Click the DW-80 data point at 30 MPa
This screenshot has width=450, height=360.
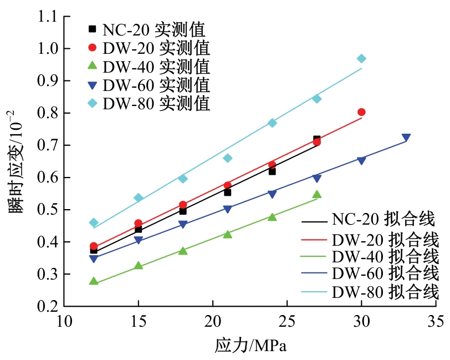(x=361, y=59)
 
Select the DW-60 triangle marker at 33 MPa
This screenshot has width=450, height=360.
(x=406, y=138)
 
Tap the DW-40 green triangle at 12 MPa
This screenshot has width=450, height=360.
(x=94, y=281)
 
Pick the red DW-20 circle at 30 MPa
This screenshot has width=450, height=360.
(x=361, y=112)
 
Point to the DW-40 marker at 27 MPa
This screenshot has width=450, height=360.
(x=317, y=194)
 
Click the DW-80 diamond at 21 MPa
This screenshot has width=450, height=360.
(x=227, y=158)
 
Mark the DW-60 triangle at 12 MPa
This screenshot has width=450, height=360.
(x=94, y=258)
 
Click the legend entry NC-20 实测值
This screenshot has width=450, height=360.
(x=150, y=28)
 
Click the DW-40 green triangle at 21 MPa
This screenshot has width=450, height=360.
(x=227, y=234)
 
